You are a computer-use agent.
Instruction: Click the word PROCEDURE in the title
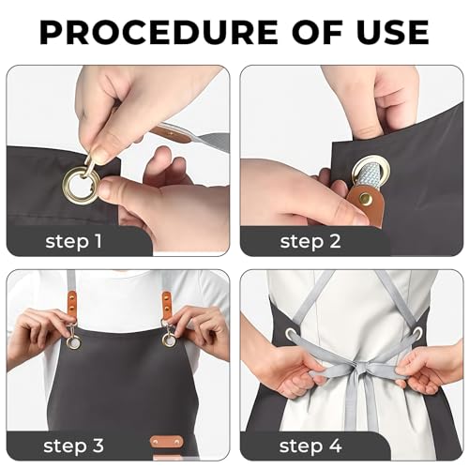159,32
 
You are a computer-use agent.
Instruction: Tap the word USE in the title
393,32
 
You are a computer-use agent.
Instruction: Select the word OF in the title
317,32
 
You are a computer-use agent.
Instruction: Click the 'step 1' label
74,242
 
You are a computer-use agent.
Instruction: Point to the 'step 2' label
310,242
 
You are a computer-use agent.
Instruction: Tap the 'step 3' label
73,446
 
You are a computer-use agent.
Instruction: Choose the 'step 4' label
310,446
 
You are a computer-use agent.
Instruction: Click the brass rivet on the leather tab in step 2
364,198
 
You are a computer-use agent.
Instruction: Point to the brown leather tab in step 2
365,204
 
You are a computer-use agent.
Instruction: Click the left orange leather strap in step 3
72,307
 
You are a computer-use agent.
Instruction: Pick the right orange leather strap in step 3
166,306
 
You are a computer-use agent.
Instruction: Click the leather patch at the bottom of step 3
166,442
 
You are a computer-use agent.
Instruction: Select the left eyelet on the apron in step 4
291,333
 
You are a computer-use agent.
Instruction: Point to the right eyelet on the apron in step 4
417,332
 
